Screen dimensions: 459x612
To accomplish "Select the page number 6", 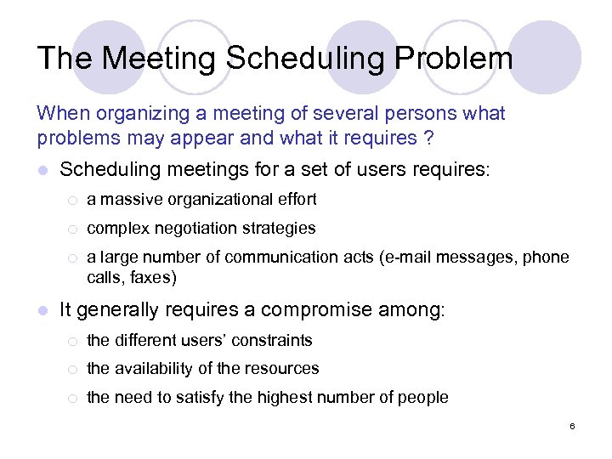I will click(573, 425).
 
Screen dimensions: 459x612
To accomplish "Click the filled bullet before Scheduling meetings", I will click(43, 171).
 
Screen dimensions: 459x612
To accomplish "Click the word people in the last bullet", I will click(424, 397).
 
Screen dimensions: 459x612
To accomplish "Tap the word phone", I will click(548, 257).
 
